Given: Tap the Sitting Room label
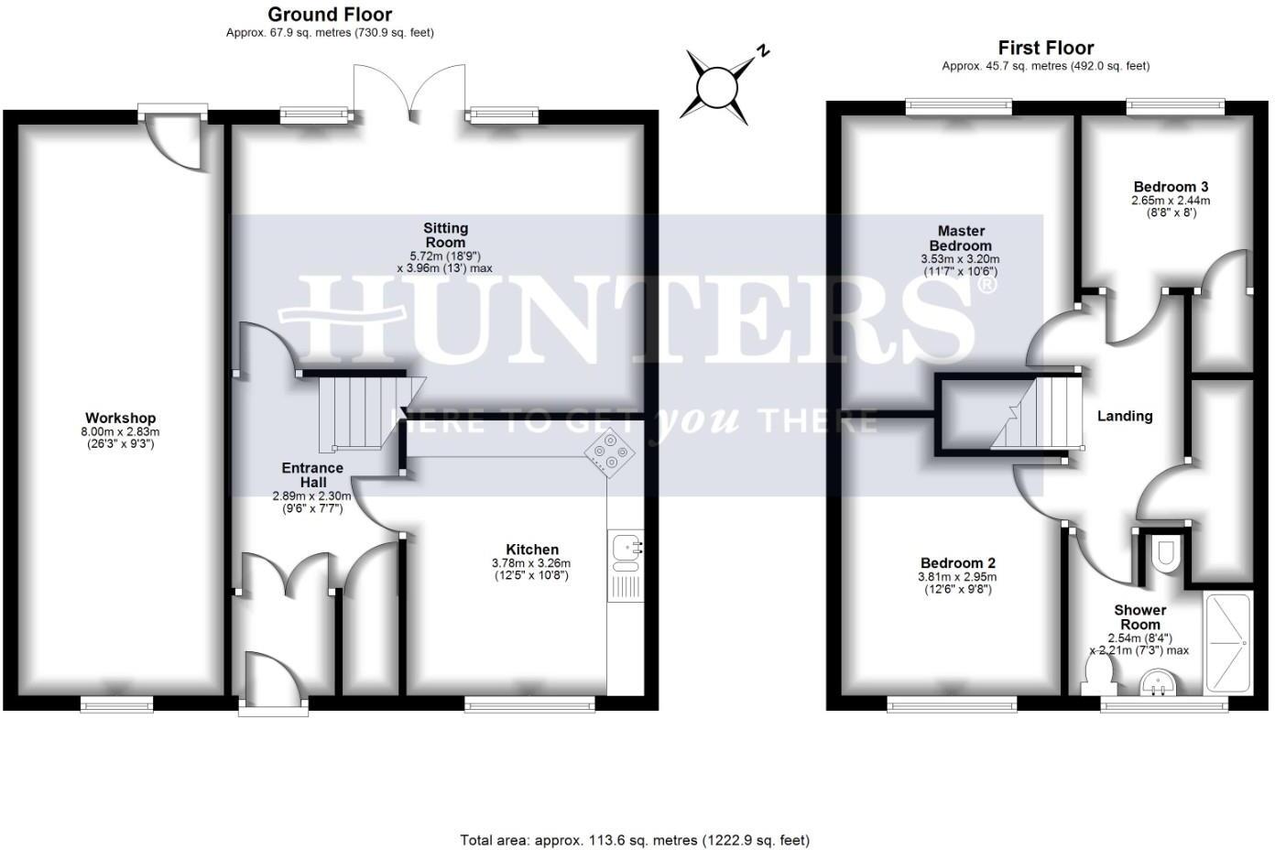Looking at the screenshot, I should tap(445, 235).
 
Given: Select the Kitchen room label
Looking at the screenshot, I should tap(531, 550).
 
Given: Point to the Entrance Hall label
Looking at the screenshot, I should tap(312, 474).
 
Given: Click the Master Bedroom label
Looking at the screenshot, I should tap(960, 238).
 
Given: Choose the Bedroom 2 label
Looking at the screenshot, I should tap(958, 563).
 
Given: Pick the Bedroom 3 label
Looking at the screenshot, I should tap(1170, 187).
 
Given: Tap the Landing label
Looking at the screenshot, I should tap(1125, 416).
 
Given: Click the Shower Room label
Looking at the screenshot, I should tap(1139, 617).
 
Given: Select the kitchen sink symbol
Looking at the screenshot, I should tap(626, 549).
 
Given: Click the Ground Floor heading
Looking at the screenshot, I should tap(330, 15).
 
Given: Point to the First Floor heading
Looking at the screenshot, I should tap(1046, 48).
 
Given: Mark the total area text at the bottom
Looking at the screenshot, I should tap(634, 840).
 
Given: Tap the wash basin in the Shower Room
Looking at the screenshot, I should tap(1155, 683).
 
